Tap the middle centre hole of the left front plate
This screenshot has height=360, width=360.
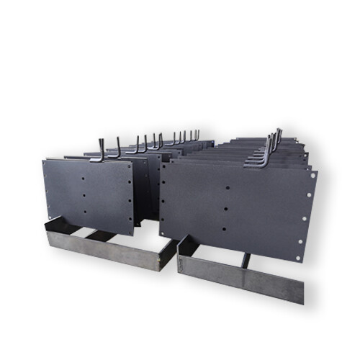tap(84, 194)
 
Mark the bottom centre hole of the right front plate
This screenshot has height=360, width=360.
tap(226, 230)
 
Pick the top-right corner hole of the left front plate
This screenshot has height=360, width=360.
tap(130, 165)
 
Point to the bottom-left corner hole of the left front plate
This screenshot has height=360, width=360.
tap(48, 214)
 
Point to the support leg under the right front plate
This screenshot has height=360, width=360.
tap(246, 260)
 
